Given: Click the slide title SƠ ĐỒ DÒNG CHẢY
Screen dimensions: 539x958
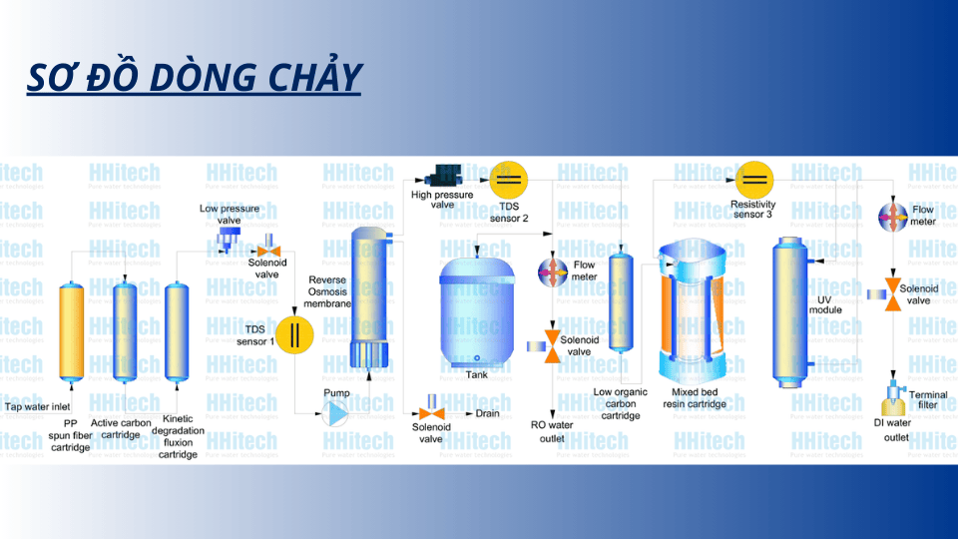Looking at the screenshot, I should pos(194,77).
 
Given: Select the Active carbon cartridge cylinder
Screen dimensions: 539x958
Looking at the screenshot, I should pos(125,331).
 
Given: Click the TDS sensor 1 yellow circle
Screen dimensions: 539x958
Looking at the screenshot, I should pos(294,333).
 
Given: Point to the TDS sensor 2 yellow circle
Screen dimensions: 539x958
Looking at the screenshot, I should pos(508,180).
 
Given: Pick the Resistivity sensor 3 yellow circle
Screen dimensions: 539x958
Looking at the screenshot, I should pos(755,180).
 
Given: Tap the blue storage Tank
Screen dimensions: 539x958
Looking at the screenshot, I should pos(476,309).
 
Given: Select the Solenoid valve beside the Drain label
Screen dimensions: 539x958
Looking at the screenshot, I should pos(431,412).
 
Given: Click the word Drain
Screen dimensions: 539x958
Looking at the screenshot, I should pos(487,413).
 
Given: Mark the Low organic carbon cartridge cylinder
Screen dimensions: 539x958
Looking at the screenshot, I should pos(621,301).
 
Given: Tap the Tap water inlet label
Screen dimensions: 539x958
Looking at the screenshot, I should pos(40,406).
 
